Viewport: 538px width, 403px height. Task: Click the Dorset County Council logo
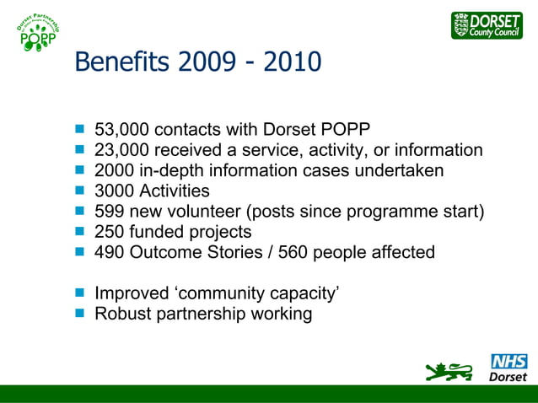(x=487, y=25)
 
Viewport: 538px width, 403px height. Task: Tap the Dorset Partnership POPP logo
(x=38, y=37)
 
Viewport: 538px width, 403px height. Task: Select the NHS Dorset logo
(x=508, y=368)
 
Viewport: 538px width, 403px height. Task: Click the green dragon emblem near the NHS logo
(x=450, y=370)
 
